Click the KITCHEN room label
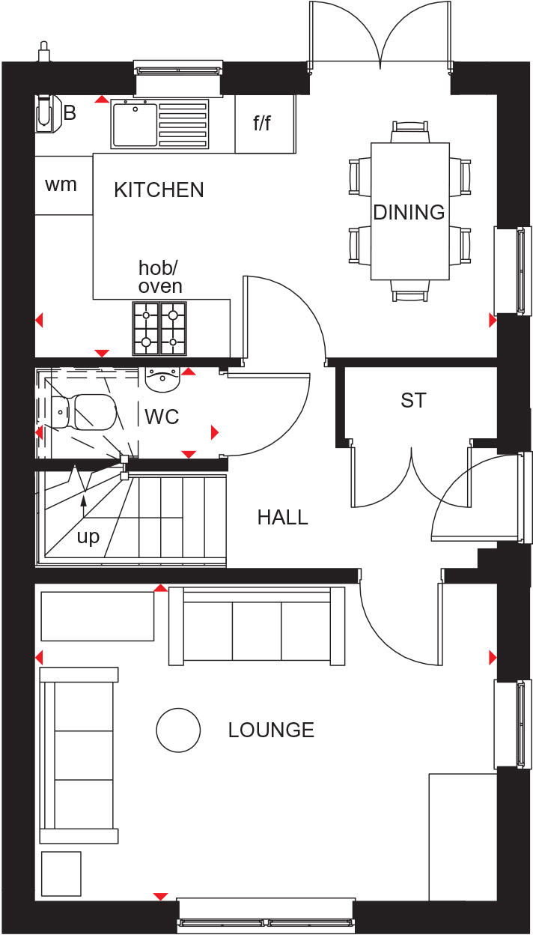[159, 190]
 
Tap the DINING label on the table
[409, 213]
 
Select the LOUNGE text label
[271, 730]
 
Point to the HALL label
[282, 517]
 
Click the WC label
[162, 417]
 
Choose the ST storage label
[413, 401]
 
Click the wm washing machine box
[61, 184]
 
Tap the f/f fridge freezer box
[262, 124]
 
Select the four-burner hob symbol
[159, 328]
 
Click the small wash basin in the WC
[162, 381]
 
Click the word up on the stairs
[88, 537]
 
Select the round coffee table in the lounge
[178, 729]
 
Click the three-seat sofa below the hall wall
[257, 626]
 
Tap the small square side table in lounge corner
[61, 872]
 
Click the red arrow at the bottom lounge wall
[159, 896]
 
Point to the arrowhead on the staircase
[84, 499]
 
